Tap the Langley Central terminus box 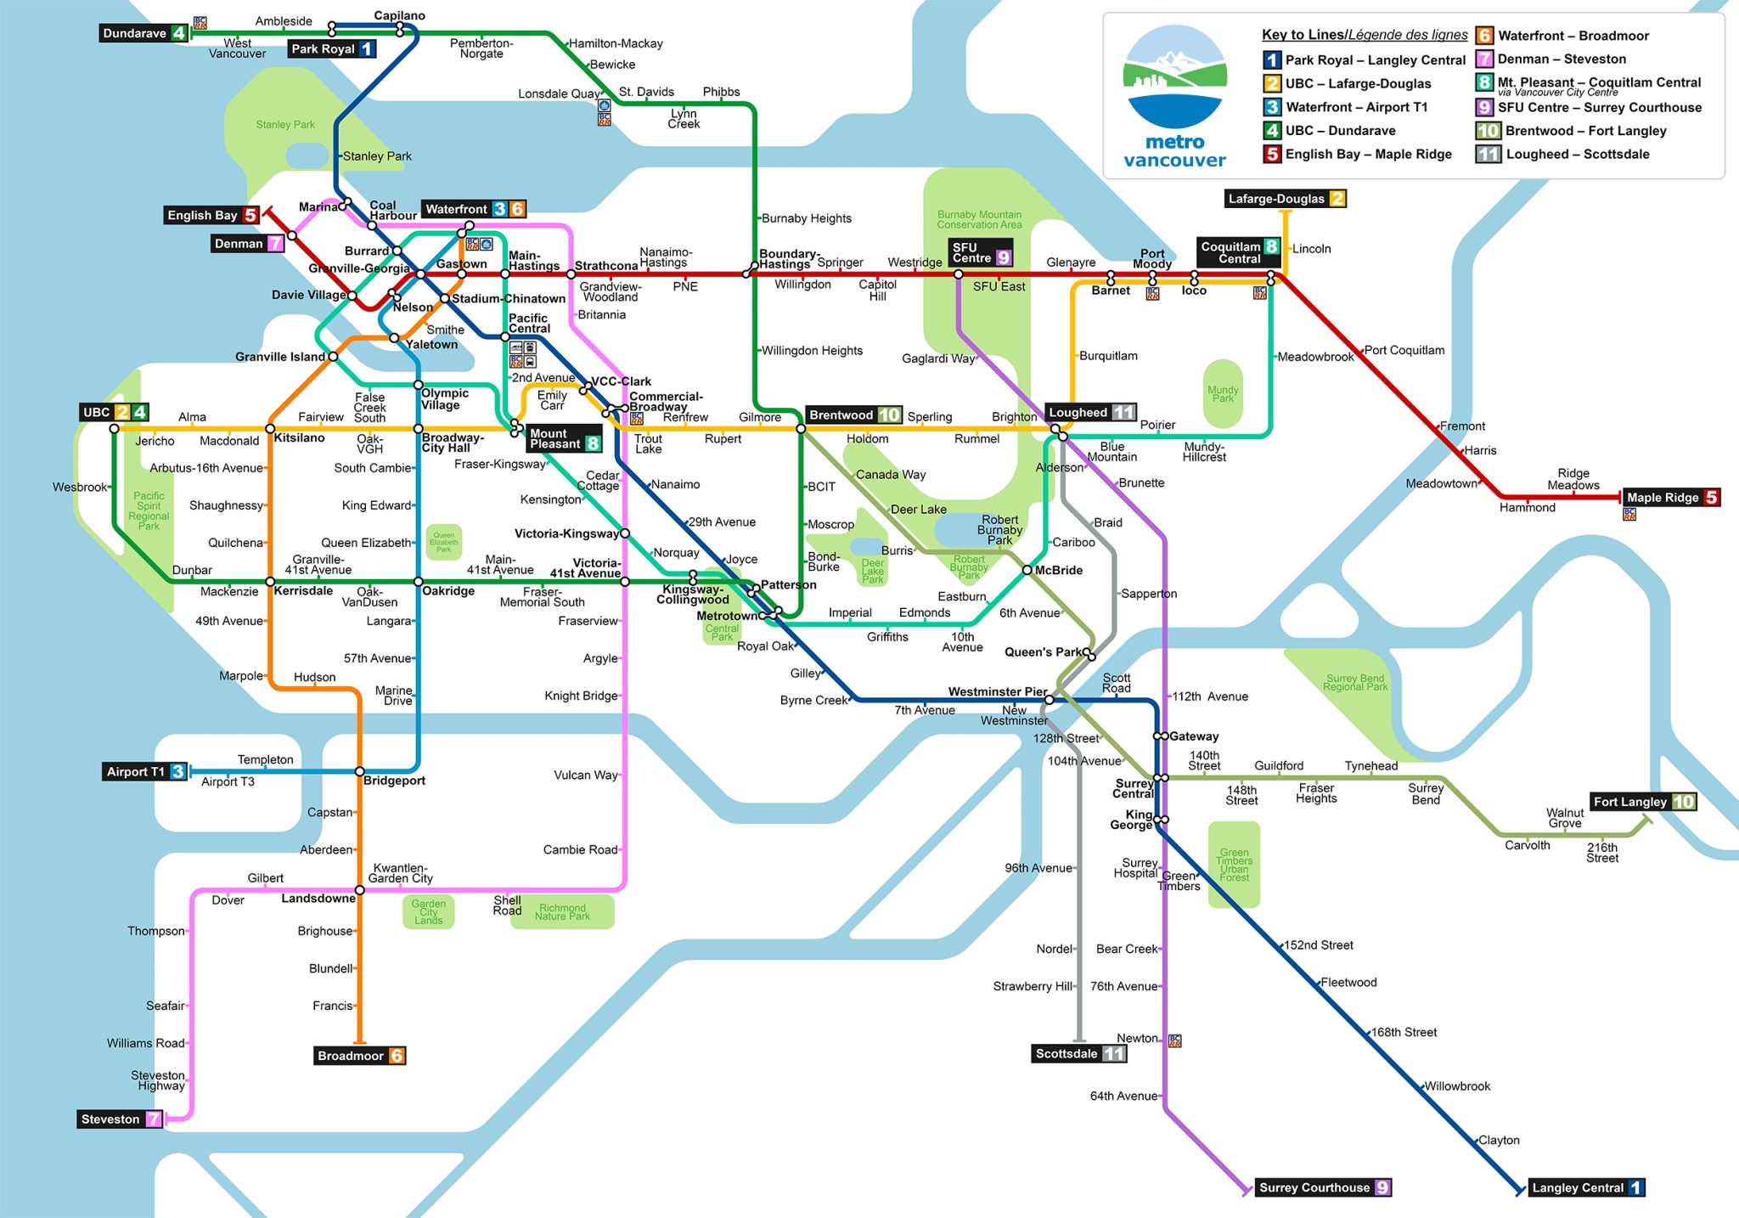point(1586,1187)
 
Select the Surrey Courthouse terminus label point(1324,1187)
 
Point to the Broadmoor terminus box point(359,1056)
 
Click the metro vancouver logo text point(1174,151)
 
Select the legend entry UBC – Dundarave point(1340,131)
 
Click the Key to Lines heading point(1364,35)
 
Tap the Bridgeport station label point(394,781)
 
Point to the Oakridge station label point(448,591)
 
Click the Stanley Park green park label point(285,125)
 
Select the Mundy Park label point(1223,394)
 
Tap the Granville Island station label point(279,357)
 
